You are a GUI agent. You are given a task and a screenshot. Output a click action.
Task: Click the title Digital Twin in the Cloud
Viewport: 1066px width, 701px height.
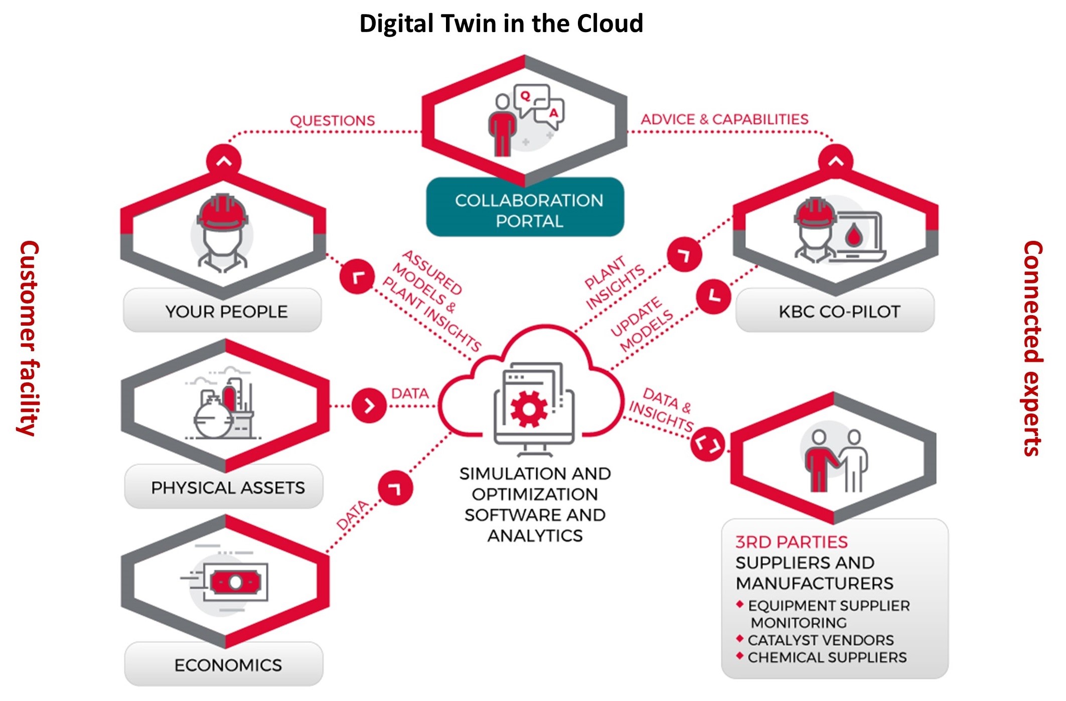[x=501, y=24]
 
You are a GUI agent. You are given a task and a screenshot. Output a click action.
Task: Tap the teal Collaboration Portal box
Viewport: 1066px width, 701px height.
[x=525, y=207]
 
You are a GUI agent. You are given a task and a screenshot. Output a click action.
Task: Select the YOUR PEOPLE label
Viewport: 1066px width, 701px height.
[x=226, y=312]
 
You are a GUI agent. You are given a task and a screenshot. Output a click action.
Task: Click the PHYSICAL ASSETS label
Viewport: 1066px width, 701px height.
[x=228, y=488]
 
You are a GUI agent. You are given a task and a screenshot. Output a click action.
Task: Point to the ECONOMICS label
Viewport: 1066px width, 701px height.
[x=228, y=665]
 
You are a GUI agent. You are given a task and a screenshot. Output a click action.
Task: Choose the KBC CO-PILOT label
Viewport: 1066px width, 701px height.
[x=840, y=312]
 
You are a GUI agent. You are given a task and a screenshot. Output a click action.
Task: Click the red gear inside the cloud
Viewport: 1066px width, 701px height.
[x=529, y=409]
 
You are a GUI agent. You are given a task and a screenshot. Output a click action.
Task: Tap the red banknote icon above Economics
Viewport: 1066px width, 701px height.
[x=235, y=582]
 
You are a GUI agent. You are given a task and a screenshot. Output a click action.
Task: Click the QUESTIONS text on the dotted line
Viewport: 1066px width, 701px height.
[x=332, y=121]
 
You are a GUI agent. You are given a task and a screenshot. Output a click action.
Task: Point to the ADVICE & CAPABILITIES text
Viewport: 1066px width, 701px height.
[x=724, y=119]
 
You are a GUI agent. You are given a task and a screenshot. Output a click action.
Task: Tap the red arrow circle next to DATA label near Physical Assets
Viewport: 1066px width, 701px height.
[x=369, y=405]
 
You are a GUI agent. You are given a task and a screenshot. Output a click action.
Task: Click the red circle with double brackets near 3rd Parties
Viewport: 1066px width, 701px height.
[x=707, y=444]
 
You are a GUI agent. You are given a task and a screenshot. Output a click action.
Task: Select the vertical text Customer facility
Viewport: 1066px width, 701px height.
[x=28, y=338]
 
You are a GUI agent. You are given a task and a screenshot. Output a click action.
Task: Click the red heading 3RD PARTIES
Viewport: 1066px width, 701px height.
[x=791, y=542]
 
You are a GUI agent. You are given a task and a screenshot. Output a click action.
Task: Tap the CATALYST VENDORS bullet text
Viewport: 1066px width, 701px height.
[x=821, y=640]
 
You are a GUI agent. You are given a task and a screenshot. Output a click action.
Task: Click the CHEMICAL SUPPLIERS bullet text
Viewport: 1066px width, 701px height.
[x=827, y=657]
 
